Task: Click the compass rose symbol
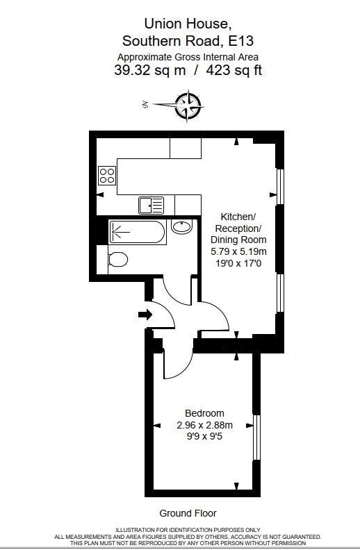(x=189, y=106)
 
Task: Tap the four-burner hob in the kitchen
(x=107, y=176)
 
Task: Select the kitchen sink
(x=152, y=205)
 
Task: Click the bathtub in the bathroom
(x=137, y=232)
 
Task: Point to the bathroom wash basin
(x=182, y=226)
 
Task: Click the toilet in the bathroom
(x=118, y=260)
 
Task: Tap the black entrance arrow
(x=145, y=315)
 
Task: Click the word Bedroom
(x=204, y=413)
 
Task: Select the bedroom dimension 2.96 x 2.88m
(x=204, y=425)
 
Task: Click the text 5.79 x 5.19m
(x=238, y=251)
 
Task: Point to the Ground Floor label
(x=188, y=513)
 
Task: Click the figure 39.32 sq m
(x=150, y=70)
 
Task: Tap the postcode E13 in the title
(x=240, y=41)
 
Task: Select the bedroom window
(x=257, y=437)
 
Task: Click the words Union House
(x=188, y=24)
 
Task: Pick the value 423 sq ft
(x=234, y=70)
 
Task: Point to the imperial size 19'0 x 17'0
(x=238, y=263)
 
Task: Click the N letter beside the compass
(x=145, y=104)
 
